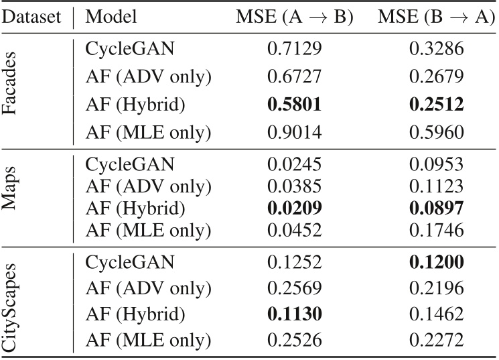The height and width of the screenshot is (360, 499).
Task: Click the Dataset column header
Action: tap(32, 16)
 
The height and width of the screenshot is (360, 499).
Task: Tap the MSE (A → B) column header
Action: tap(295, 16)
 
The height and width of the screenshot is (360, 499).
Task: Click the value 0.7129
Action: tap(294, 49)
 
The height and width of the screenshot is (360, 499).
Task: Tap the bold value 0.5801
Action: tap(294, 105)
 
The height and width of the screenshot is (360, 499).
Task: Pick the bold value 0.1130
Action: tap(294, 313)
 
